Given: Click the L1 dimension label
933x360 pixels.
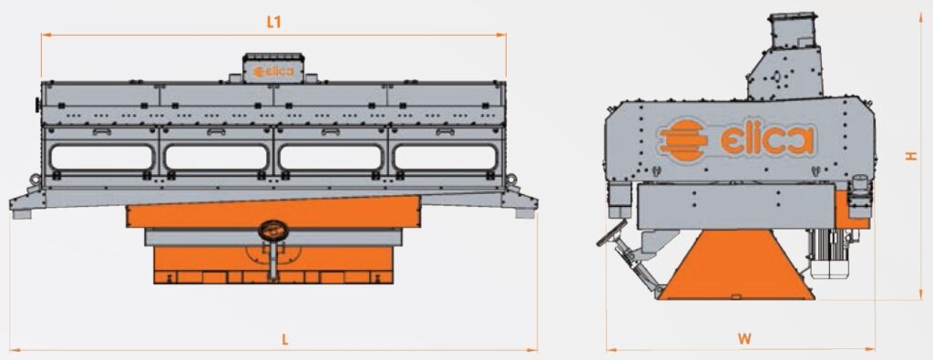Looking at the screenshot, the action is click(273, 23).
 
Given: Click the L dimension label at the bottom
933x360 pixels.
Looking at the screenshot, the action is click(285, 340).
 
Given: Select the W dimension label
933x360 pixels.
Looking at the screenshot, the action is click(744, 339).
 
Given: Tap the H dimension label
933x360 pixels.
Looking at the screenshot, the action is click(911, 155).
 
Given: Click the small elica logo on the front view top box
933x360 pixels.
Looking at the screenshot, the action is click(273, 71).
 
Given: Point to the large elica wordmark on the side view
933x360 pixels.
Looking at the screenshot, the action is click(767, 141).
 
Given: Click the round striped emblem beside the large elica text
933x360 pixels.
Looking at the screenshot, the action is click(684, 140).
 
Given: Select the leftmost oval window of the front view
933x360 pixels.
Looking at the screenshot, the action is click(102, 158).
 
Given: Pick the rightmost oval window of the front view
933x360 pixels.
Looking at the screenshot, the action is click(445, 158).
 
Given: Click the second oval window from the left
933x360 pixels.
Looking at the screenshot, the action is click(216, 158).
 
